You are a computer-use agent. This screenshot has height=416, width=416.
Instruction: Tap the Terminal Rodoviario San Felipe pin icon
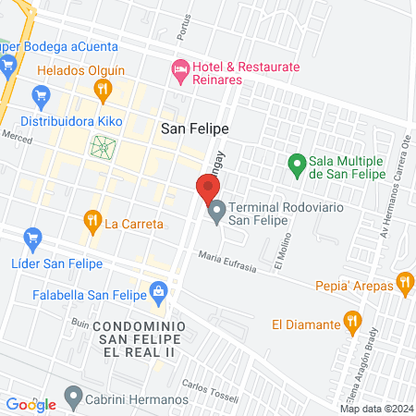coord(217,213)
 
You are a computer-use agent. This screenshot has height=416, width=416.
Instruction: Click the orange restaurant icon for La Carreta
coord(92,220)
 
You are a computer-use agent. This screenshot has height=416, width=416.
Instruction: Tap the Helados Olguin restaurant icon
coord(102,89)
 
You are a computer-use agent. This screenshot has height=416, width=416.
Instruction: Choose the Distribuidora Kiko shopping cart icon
coord(41,95)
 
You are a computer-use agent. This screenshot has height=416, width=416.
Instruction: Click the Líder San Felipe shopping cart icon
coord(32,239)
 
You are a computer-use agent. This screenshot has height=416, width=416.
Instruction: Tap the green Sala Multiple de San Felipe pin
coord(296,165)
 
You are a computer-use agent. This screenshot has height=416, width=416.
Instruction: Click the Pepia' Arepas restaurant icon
coord(404,282)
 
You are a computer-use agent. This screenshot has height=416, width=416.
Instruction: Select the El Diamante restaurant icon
coord(351,323)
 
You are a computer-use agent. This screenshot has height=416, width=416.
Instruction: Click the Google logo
coord(31,404)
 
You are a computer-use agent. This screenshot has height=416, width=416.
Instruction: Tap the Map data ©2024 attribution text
coord(376,409)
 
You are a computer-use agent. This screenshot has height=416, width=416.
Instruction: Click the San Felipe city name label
coord(194,129)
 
